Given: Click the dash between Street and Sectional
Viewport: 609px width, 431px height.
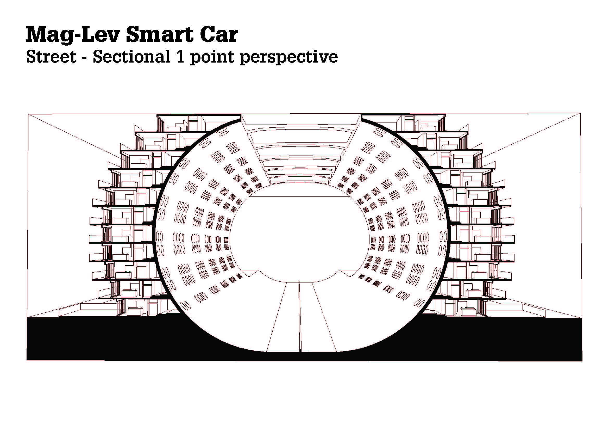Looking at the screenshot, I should click(x=85, y=57).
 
